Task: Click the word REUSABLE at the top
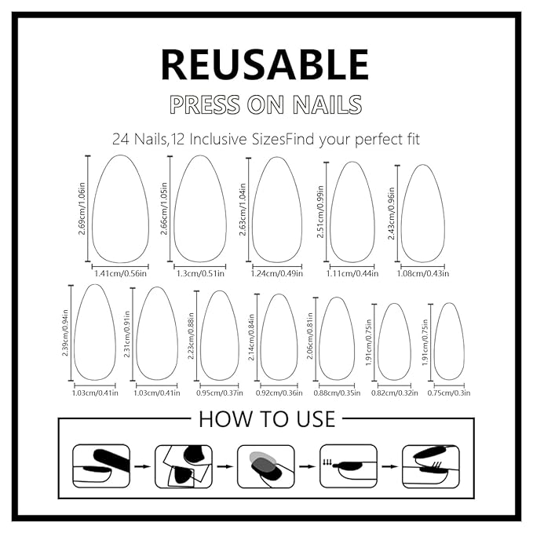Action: (265, 64)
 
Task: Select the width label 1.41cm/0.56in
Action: (121, 274)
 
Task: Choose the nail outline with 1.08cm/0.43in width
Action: (424, 214)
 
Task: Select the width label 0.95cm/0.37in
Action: (220, 392)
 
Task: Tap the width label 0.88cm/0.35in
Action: (337, 392)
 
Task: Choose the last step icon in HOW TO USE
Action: (430, 466)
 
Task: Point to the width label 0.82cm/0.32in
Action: (394, 392)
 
